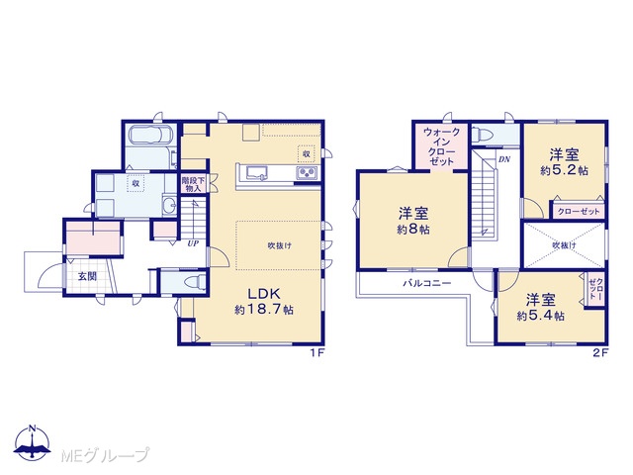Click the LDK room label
point(264,294)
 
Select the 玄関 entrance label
point(87,277)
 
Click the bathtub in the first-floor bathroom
point(151,135)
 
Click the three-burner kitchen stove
point(308,173)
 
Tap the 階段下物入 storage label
point(193,184)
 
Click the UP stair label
point(193,244)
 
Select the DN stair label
point(504,159)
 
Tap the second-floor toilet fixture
point(481,134)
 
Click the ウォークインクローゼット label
point(442,146)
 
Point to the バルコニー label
point(426,283)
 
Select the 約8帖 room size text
point(413,230)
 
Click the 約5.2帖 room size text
point(565,170)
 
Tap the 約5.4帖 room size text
point(541,316)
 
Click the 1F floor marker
point(317,353)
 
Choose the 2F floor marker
point(600,353)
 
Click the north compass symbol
point(33,442)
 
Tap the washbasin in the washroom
point(169,206)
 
